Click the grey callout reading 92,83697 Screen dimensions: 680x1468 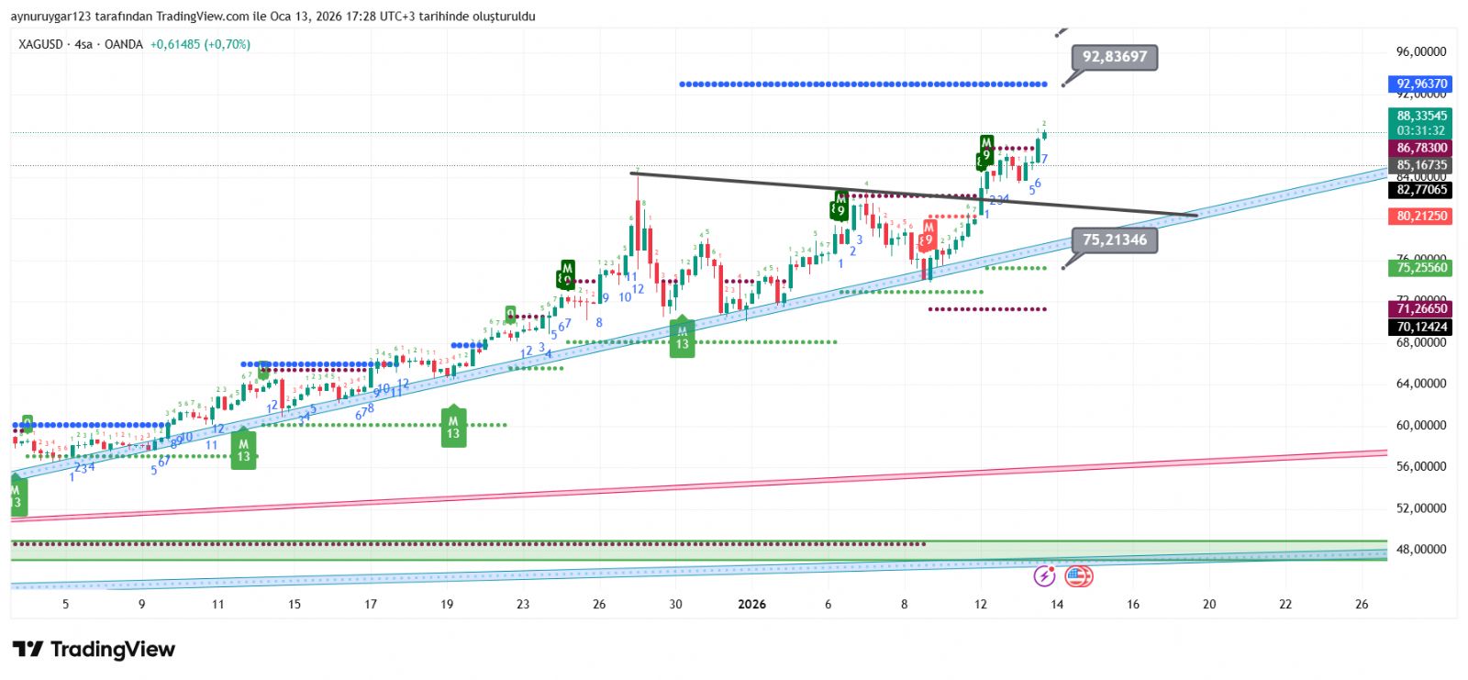[1114, 57]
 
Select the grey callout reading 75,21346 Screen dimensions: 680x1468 [1114, 240]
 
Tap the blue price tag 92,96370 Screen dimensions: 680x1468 [1421, 84]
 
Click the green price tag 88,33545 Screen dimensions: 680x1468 [1421, 117]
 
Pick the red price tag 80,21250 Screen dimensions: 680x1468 [1421, 216]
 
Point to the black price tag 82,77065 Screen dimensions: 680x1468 [1421, 190]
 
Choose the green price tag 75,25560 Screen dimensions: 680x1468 [1421, 268]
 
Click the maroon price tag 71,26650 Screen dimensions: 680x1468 [1421, 309]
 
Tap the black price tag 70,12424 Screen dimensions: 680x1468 [1421, 327]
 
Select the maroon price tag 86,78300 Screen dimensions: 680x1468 [1421, 148]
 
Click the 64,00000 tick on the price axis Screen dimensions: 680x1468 [1421, 384]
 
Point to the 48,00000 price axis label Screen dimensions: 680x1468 [1421, 549]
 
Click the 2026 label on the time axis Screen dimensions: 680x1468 [751, 604]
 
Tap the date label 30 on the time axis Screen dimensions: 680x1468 [675, 604]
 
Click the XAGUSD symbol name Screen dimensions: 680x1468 [41, 44]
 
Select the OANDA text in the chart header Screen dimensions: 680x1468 [124, 44]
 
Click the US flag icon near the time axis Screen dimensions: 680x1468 [1078, 576]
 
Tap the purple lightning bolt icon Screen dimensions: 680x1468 [1044, 576]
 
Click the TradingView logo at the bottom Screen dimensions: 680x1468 [94, 650]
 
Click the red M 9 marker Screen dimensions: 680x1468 [929, 235]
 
